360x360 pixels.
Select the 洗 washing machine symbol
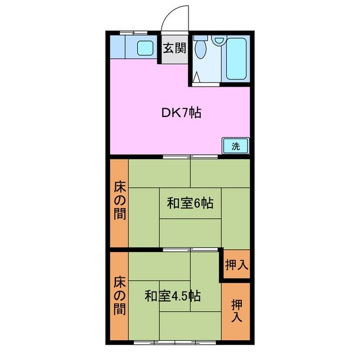tap(236, 146)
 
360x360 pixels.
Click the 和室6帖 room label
tap(190, 203)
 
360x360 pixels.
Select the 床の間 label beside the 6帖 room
tap(119, 200)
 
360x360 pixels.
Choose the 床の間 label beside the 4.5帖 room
tap(119, 295)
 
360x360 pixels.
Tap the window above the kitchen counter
tap(133, 33)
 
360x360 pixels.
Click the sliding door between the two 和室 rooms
tap(190, 249)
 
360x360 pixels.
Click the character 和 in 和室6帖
tap(173, 203)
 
